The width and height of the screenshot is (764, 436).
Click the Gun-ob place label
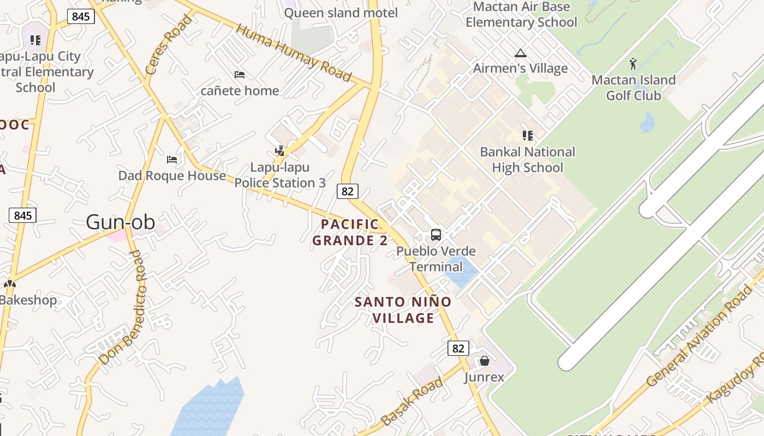pyautogui.click(x=121, y=222)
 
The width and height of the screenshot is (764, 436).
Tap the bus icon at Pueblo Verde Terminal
pyautogui.click(x=435, y=235)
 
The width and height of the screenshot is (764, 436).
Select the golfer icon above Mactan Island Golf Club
pyautogui.click(x=633, y=64)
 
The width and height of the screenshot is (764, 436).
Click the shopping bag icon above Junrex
pyautogui.click(x=484, y=361)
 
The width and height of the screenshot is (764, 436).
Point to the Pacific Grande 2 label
pyautogui.click(x=349, y=232)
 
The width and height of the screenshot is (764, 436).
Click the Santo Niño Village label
pyautogui.click(x=403, y=310)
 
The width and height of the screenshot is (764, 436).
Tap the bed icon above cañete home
pyautogui.click(x=239, y=75)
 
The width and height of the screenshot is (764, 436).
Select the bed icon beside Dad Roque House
pyautogui.click(x=172, y=160)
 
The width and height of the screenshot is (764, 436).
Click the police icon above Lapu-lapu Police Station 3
pyautogui.click(x=279, y=151)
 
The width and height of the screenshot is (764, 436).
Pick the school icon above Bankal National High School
pyautogui.click(x=527, y=136)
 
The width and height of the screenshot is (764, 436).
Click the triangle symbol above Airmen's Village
pyautogui.click(x=520, y=53)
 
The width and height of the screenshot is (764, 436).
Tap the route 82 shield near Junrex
pyautogui.click(x=458, y=348)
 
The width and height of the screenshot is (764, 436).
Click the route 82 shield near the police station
pyautogui.click(x=348, y=191)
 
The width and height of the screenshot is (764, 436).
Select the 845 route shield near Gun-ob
pyautogui.click(x=22, y=215)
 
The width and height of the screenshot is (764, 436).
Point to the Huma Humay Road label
pyautogui.click(x=294, y=53)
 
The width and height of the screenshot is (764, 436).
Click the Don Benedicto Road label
pyautogui.click(x=124, y=308)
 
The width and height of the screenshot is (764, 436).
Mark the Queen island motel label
pyautogui.click(x=341, y=13)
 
